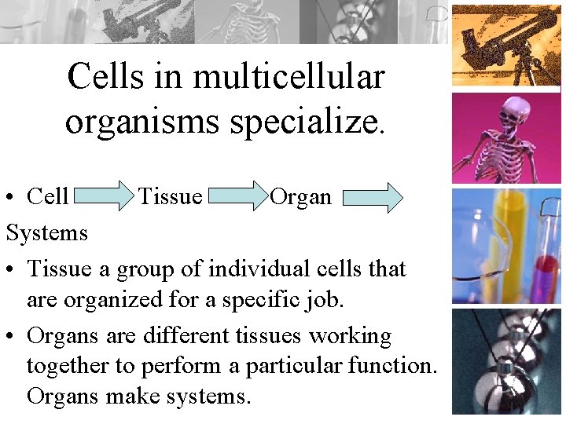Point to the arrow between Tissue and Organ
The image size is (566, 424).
pos(237,196)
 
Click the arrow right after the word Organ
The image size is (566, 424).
pos(373,197)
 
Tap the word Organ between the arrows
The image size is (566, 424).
pos(300,196)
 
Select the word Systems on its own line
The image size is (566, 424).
pos(47,233)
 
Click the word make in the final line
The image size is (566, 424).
pos(138,395)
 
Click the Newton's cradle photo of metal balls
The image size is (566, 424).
pos(506,361)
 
